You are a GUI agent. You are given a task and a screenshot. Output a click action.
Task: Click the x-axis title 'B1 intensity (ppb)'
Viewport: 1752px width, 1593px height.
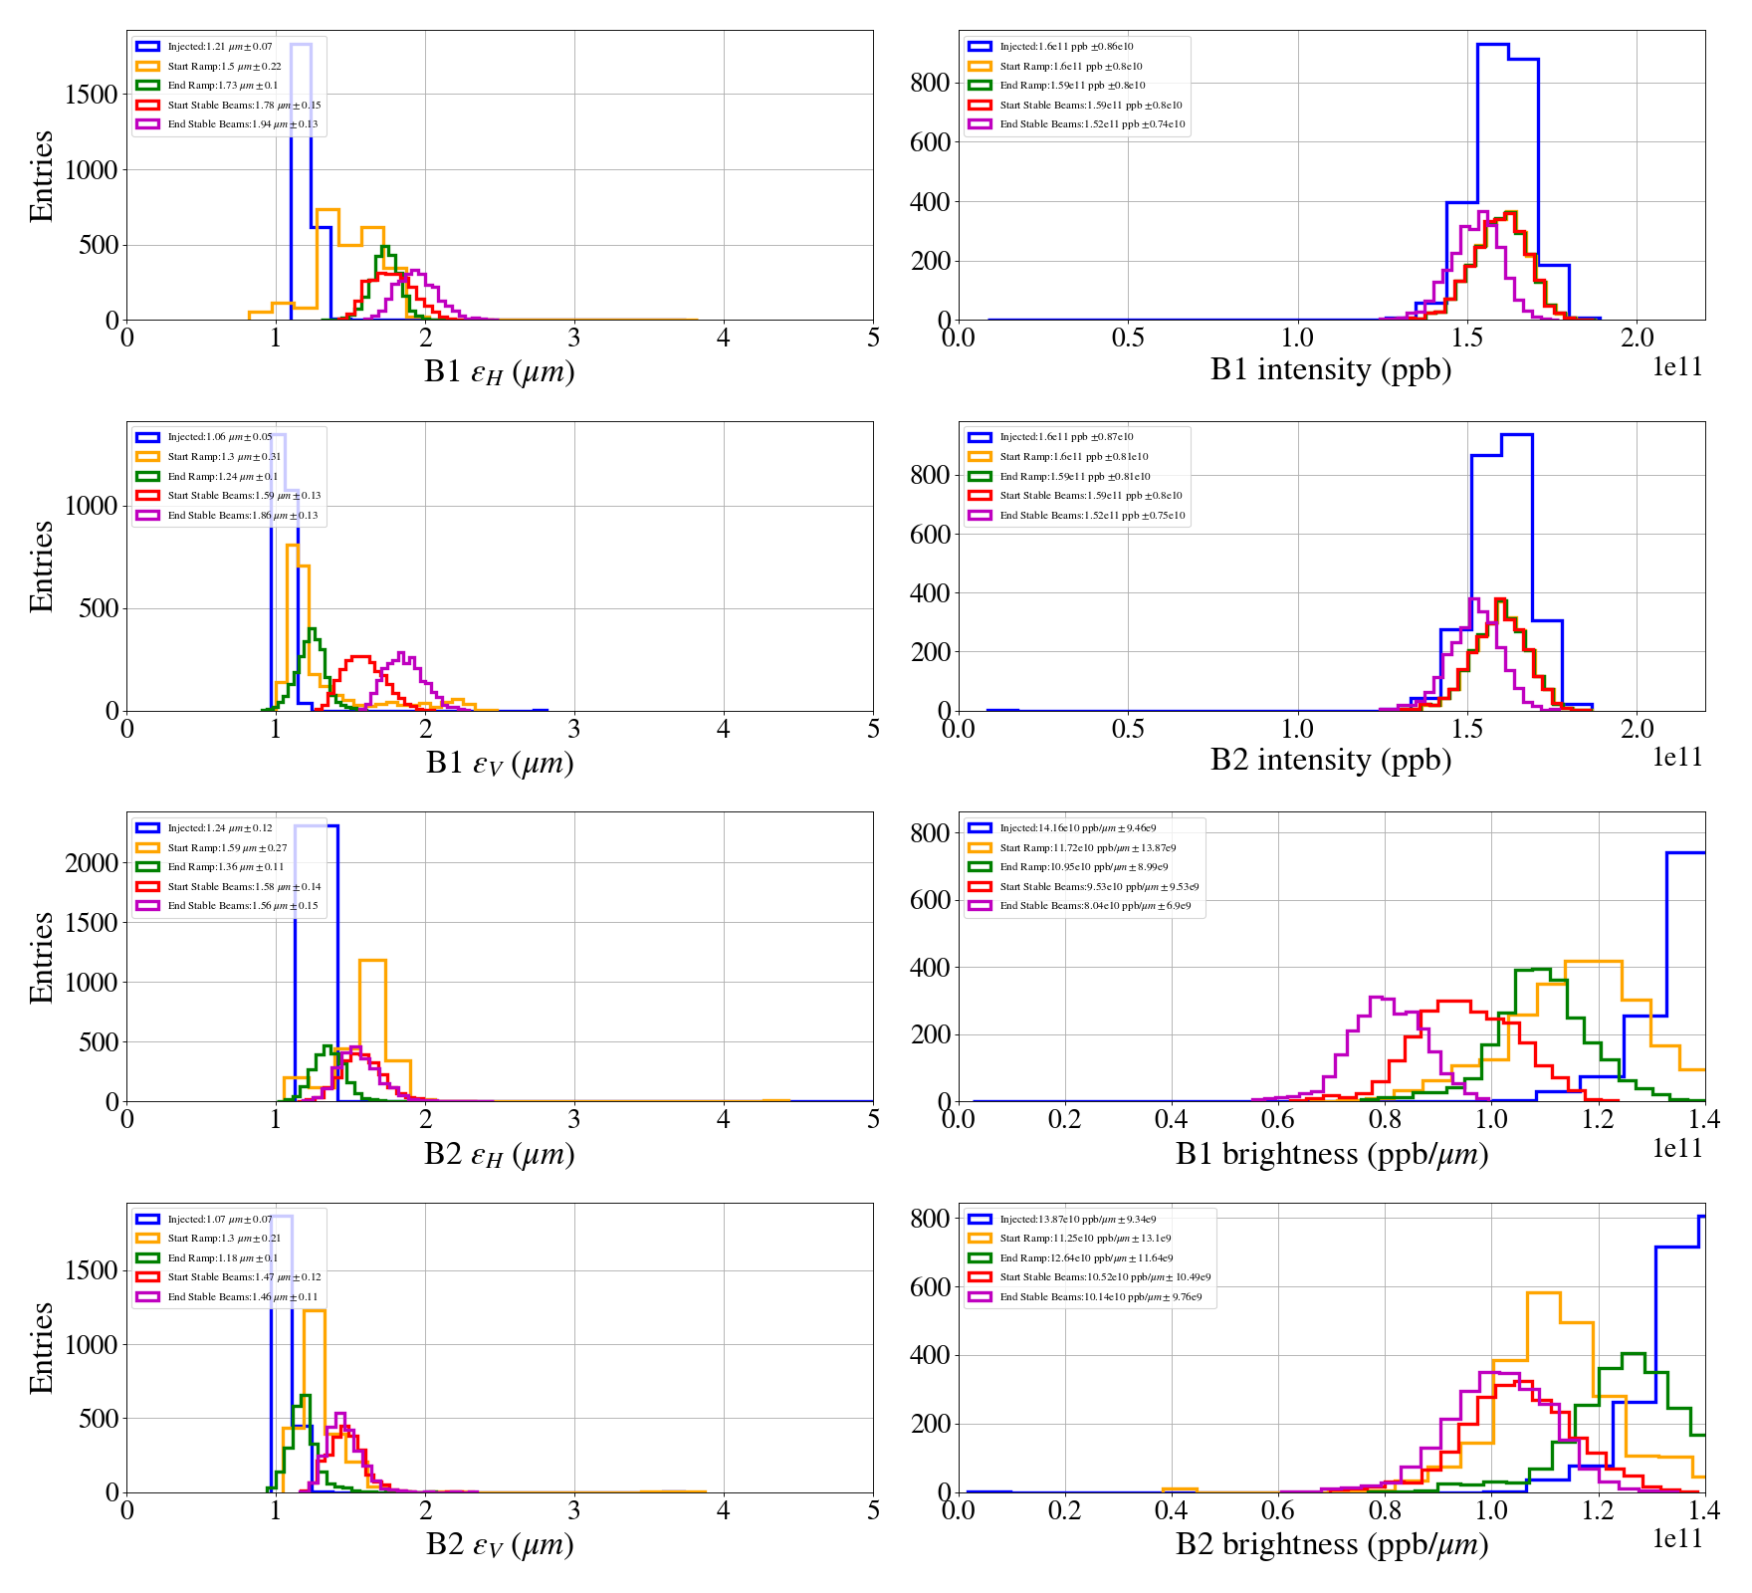click(x=1330, y=370)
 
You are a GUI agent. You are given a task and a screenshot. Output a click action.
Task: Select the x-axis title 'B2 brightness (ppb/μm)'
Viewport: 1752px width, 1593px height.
click(x=1331, y=1544)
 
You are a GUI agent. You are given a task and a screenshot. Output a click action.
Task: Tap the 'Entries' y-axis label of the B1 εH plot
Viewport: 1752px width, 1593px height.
click(x=41, y=175)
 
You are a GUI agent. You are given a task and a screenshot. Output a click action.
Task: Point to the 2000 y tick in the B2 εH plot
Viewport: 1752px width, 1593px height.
click(x=92, y=863)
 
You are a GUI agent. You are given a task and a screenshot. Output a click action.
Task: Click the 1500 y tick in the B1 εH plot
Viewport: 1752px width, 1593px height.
click(x=92, y=95)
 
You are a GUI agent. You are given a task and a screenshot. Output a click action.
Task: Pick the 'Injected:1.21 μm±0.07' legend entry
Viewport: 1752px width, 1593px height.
click(x=219, y=47)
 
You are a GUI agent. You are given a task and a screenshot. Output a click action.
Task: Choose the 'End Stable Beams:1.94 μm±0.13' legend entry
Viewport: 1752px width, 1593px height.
click(x=242, y=124)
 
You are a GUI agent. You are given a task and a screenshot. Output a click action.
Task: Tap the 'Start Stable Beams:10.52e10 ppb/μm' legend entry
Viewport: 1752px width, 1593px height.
click(x=1105, y=1277)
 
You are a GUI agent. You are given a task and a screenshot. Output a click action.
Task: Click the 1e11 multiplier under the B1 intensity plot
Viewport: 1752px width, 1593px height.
click(x=1677, y=367)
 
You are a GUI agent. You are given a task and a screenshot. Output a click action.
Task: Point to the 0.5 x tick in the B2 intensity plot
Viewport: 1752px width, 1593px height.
click(x=1128, y=730)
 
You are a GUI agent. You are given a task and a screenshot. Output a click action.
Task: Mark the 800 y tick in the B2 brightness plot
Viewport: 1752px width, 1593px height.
click(x=930, y=1219)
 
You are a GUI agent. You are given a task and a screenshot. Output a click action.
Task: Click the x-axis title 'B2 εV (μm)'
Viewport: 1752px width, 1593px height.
click(x=500, y=1544)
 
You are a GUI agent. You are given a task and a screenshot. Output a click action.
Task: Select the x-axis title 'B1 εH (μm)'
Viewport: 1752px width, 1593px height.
click(x=500, y=371)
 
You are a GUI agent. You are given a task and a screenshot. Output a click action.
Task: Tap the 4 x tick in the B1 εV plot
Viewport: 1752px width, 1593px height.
click(x=724, y=730)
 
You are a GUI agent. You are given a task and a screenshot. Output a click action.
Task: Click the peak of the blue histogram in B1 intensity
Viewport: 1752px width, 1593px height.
click(x=1492, y=44)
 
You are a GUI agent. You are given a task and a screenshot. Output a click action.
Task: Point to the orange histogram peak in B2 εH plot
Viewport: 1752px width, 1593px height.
click(x=372, y=961)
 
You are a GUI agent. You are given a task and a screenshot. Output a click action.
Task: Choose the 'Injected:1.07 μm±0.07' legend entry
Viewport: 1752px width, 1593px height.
click(x=219, y=1220)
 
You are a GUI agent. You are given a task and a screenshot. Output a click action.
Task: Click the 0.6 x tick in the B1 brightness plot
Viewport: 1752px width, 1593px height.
click(x=1278, y=1120)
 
